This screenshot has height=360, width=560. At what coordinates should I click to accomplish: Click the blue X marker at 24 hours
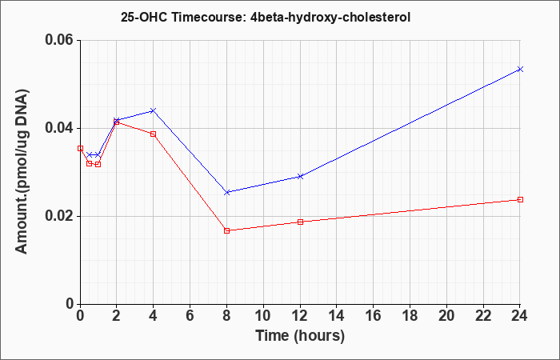tap(520, 69)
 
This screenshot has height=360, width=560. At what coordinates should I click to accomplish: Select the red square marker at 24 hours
tap(520, 199)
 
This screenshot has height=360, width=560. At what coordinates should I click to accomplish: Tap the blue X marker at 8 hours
tap(226, 192)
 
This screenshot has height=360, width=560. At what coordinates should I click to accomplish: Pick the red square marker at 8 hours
tap(226, 230)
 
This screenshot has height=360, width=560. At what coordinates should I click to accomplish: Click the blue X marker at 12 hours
tap(300, 177)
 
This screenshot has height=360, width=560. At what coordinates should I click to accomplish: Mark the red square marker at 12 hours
tap(300, 222)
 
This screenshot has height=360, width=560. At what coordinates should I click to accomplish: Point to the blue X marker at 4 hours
tap(154, 110)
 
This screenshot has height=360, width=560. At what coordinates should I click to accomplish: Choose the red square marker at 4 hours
tap(154, 134)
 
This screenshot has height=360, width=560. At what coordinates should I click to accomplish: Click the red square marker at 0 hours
tap(80, 148)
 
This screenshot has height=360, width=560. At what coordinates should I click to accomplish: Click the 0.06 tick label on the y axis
tap(61, 40)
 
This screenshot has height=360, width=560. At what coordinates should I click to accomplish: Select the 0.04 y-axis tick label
tap(61, 128)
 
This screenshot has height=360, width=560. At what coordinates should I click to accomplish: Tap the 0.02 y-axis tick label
tap(61, 216)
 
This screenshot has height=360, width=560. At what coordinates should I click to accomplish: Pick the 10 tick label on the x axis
tap(263, 315)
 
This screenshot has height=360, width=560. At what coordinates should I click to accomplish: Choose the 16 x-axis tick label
tap(374, 315)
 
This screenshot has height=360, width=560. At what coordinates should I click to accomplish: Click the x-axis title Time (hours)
tap(300, 336)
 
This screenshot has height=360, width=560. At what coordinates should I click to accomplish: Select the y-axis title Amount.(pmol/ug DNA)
tap(22, 172)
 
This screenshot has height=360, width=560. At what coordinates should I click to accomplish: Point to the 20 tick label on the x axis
tap(446, 315)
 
